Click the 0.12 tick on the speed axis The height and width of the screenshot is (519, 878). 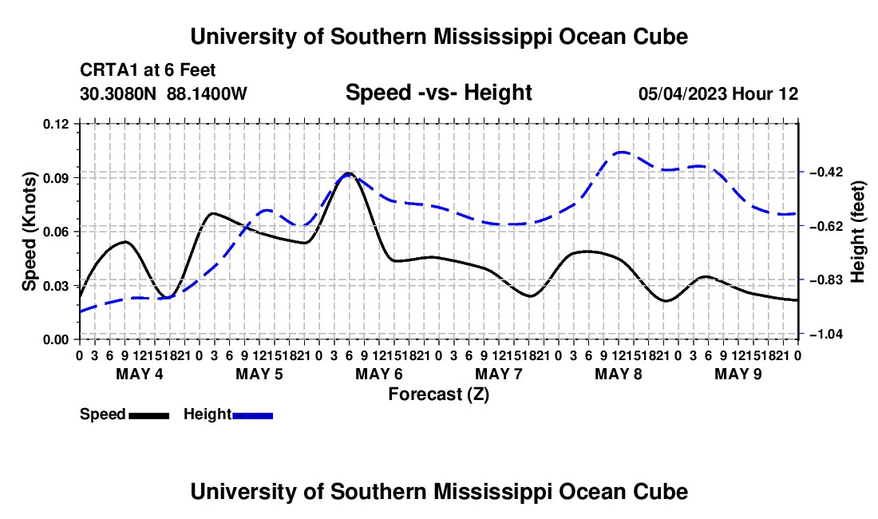[55, 124]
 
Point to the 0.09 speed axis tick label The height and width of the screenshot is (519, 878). [55, 178]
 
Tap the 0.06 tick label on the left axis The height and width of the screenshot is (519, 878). [55, 232]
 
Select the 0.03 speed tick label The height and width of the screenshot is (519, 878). [55, 286]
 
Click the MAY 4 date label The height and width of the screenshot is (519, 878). [140, 374]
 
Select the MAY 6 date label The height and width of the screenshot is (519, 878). [379, 374]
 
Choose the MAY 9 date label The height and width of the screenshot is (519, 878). [738, 374]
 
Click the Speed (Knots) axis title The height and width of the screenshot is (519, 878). [29, 232]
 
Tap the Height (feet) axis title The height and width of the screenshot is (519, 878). [858, 232]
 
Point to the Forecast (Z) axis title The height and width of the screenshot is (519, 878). [439, 394]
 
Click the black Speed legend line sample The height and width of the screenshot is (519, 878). [149, 415]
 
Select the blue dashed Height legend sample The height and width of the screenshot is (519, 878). [252, 415]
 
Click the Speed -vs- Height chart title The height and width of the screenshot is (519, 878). [439, 93]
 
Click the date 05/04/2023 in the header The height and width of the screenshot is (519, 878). [682, 93]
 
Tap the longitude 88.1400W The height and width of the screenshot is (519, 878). [207, 93]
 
